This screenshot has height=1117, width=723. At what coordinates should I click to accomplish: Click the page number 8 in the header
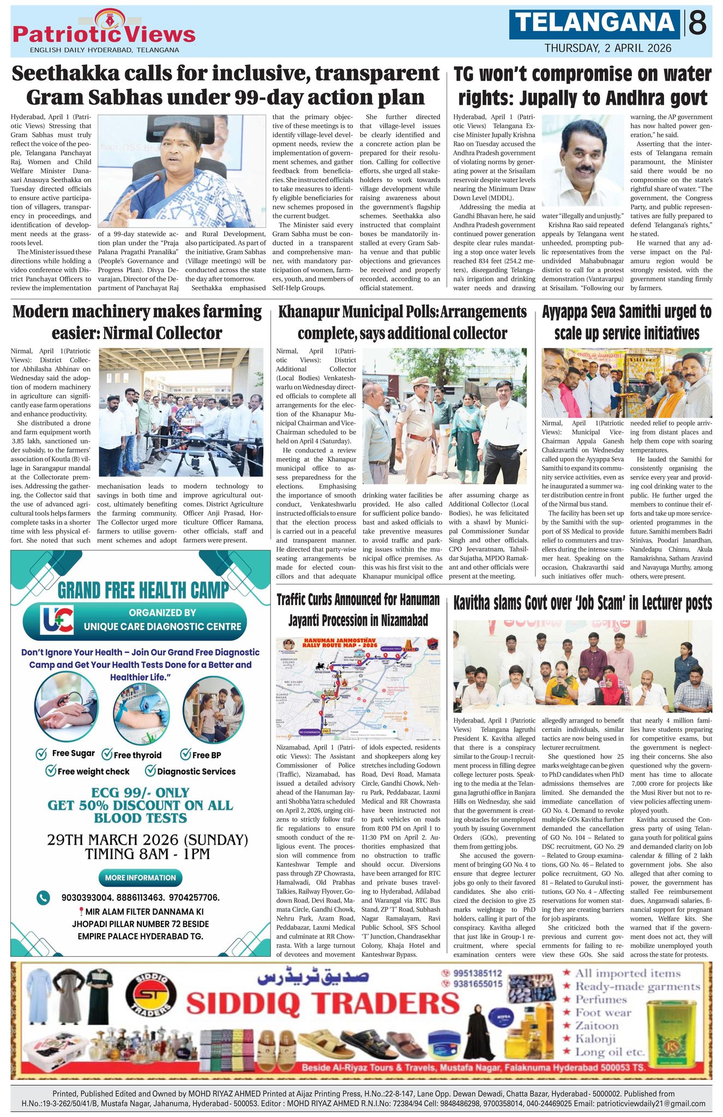tap(697, 23)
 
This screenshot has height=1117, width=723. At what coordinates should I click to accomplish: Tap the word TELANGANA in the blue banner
tap(595, 23)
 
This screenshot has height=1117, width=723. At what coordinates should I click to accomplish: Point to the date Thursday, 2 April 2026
tap(607, 48)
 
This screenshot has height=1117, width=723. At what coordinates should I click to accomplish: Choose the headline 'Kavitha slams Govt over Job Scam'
tap(582, 603)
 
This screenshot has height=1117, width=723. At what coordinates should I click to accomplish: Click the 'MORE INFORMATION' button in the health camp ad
tap(140, 878)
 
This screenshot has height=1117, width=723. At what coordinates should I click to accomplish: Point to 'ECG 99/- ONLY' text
tap(140, 792)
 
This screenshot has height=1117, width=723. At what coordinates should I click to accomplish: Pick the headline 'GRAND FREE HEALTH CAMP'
tap(143, 590)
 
